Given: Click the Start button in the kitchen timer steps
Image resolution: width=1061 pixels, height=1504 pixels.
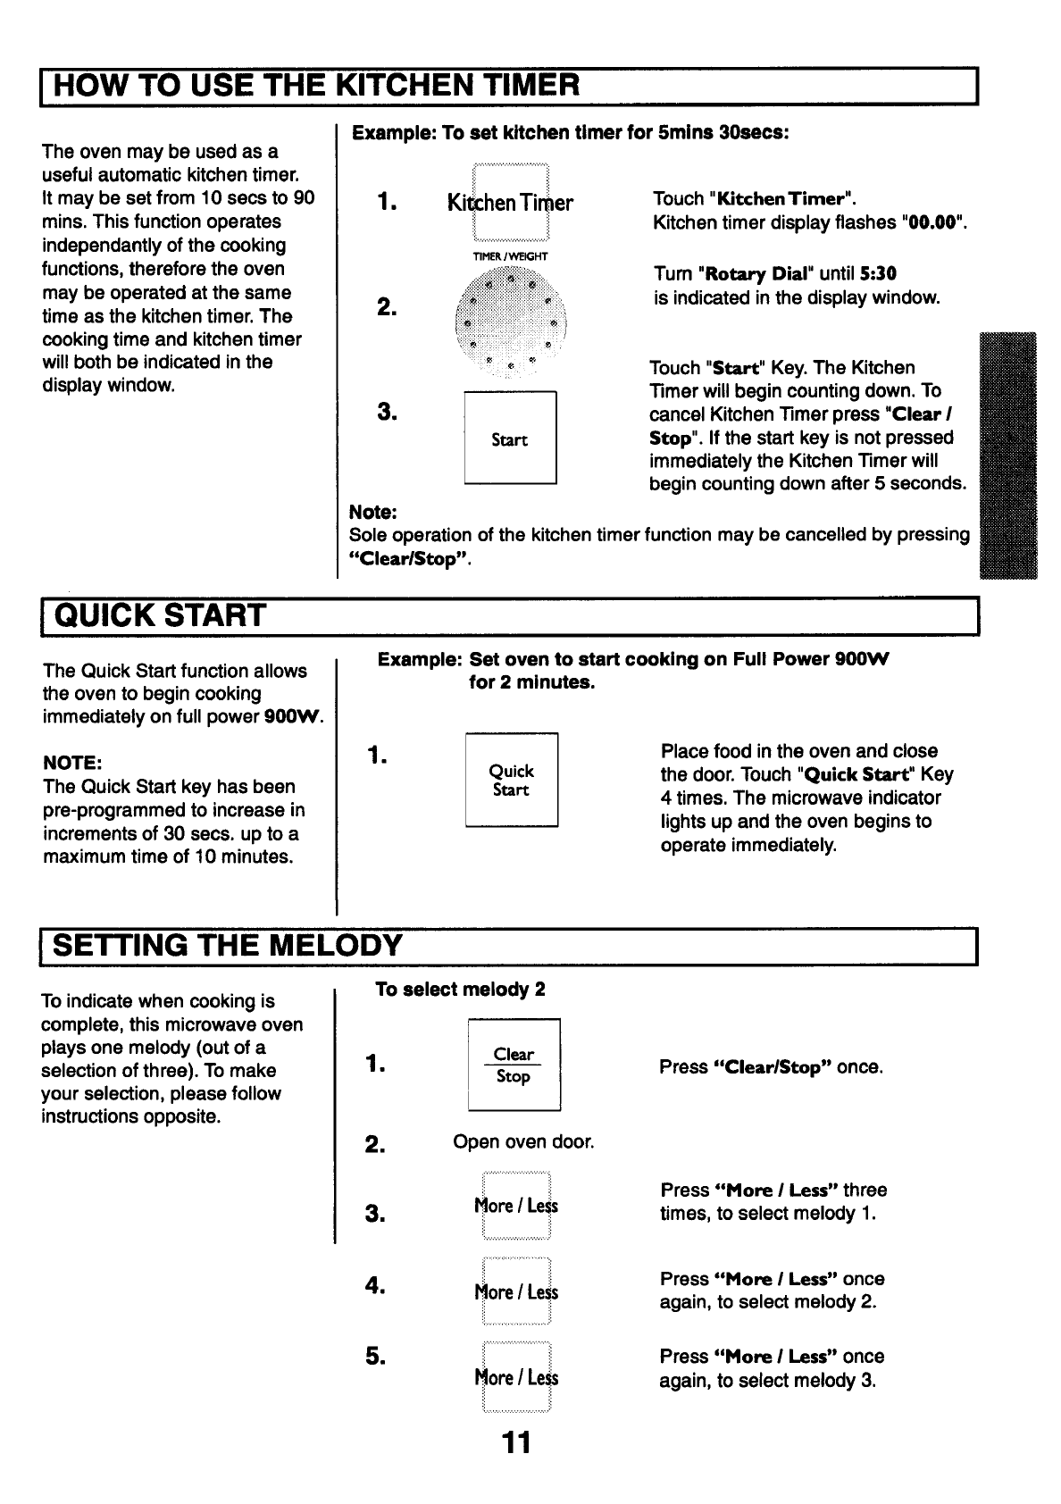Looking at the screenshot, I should (x=510, y=439).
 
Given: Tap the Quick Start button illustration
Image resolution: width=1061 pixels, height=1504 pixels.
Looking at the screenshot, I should (x=511, y=780).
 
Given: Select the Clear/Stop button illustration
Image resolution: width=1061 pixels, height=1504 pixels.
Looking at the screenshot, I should (x=514, y=1065).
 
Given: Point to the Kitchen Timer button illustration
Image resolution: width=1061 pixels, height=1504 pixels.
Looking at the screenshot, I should (x=510, y=203).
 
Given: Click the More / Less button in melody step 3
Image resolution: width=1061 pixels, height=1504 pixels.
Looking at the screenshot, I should (x=516, y=1206).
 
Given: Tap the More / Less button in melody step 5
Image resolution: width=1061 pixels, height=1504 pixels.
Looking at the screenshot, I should (x=516, y=1377).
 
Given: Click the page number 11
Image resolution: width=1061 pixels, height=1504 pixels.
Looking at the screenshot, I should (x=515, y=1441).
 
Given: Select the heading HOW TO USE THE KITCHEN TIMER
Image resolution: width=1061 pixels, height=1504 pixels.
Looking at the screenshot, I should (x=317, y=86).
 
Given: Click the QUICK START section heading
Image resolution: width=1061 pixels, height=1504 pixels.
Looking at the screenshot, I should (x=161, y=615).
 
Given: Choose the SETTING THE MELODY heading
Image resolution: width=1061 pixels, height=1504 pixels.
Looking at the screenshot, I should (x=229, y=945).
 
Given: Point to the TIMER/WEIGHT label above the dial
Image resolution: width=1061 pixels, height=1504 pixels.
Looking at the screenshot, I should (x=510, y=256).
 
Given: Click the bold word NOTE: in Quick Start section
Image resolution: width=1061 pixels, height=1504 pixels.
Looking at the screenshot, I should (x=72, y=764).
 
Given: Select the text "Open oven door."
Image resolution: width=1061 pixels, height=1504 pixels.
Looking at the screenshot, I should (x=523, y=1141).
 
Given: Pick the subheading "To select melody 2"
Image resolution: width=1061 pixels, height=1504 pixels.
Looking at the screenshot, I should (x=460, y=990).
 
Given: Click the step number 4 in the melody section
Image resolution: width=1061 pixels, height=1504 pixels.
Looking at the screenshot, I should (x=374, y=1285).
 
